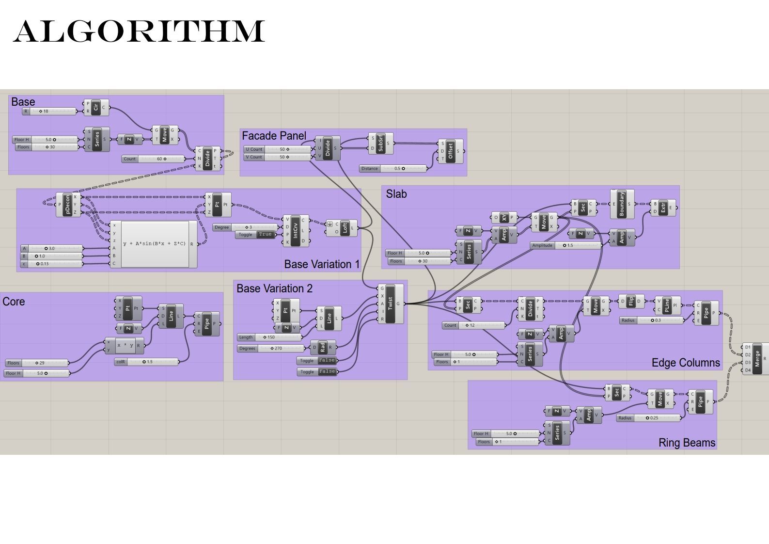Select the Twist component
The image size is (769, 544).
point(390,304)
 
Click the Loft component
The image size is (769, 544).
point(344,228)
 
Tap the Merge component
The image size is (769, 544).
point(757,359)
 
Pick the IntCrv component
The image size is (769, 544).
point(295,230)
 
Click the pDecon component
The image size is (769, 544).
point(68,205)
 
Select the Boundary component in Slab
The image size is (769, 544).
point(622,204)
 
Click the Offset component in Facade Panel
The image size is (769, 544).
point(450,151)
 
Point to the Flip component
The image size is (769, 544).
point(631,301)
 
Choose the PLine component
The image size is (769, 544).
point(667,305)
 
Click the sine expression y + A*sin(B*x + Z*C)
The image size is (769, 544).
point(155,244)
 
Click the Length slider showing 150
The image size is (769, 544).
point(269,337)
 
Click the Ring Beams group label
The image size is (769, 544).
point(686,443)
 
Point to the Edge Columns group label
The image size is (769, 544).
point(685,363)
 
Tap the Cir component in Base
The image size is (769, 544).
point(96,107)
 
